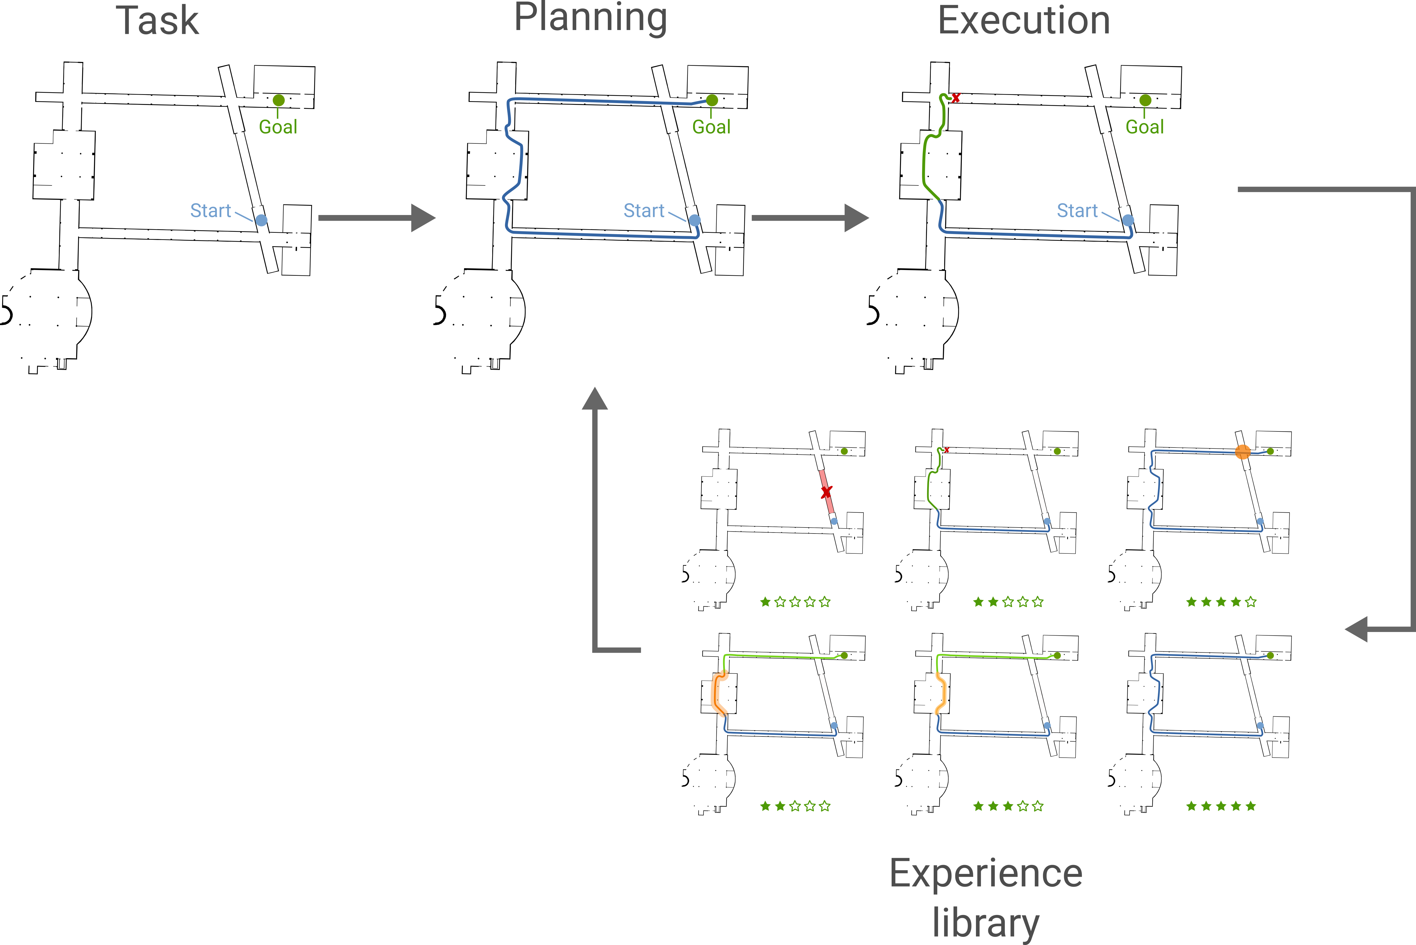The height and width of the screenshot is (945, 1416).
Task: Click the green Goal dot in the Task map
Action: [279, 100]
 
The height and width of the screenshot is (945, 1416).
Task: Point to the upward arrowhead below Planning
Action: [594, 399]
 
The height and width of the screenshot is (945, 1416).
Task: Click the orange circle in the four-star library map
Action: [1242, 451]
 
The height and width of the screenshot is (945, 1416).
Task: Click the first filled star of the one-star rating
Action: [766, 601]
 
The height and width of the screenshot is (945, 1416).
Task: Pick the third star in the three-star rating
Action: [1008, 806]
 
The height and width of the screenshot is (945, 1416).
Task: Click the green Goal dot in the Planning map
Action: [712, 100]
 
